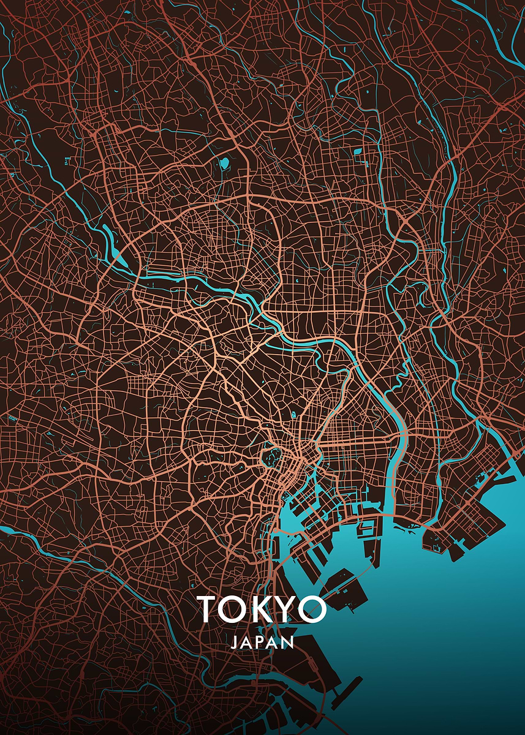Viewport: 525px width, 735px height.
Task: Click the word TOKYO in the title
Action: (x=262, y=609)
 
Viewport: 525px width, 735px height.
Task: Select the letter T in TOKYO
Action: (x=209, y=609)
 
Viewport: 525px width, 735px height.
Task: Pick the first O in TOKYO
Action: (x=236, y=609)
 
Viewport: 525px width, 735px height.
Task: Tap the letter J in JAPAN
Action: (x=235, y=643)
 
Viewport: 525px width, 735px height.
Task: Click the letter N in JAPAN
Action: (x=288, y=643)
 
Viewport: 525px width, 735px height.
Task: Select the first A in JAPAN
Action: (x=247, y=643)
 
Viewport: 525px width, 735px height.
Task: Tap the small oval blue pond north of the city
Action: (x=224, y=163)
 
